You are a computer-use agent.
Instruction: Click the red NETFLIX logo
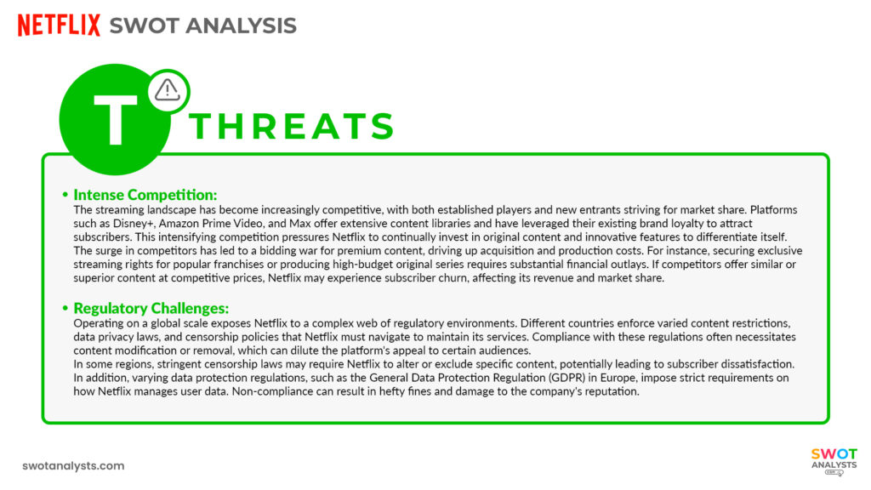click(59, 26)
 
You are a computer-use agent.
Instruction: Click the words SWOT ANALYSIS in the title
click(203, 26)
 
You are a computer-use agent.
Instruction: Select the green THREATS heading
click(292, 127)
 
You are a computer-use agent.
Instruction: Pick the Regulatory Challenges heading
click(151, 308)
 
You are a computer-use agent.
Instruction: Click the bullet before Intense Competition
click(65, 194)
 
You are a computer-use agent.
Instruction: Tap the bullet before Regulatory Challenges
click(65, 308)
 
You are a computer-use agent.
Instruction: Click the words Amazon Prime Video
click(207, 222)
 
